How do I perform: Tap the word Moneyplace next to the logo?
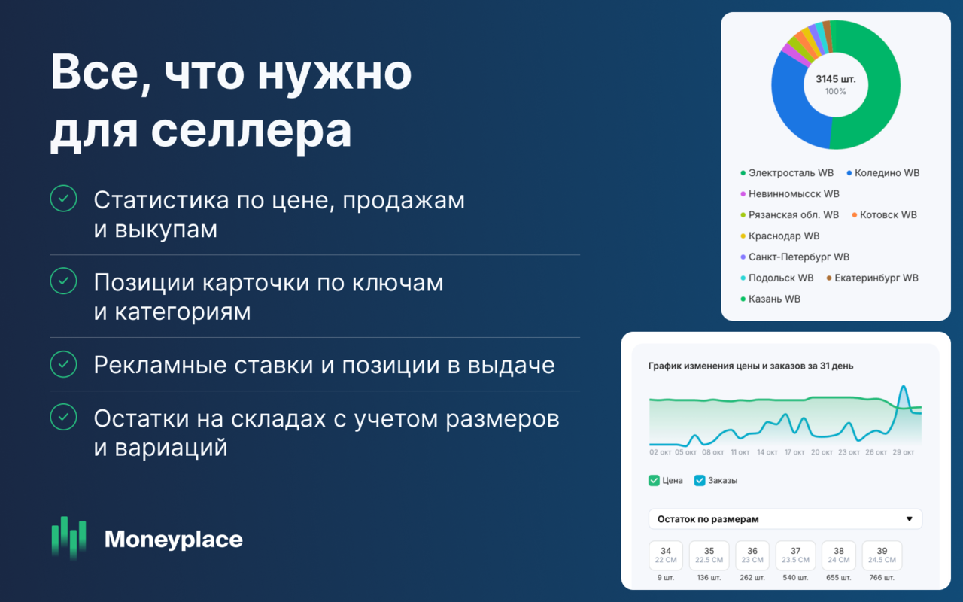173,539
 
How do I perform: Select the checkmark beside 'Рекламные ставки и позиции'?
63,364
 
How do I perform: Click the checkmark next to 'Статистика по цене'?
63,199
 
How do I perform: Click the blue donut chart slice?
794,105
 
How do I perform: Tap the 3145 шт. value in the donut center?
835,79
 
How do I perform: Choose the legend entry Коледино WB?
886,173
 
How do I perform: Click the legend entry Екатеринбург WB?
876,278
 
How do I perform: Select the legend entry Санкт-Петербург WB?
798,257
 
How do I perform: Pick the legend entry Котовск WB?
888,214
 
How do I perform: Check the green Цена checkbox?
654,480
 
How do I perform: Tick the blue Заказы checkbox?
700,480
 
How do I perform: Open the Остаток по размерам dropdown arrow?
909,519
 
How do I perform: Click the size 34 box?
666,555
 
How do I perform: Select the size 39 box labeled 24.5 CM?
882,555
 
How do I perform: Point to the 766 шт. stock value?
882,578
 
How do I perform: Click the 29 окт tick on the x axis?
903,452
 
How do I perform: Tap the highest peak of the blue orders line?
903,387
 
